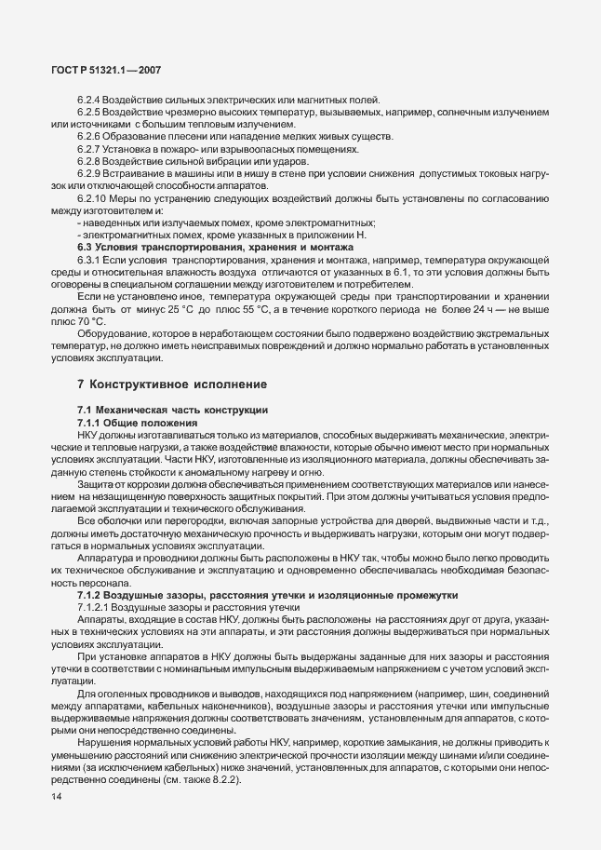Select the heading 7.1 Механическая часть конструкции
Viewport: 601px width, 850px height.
(173, 410)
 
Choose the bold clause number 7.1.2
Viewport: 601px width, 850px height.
(91, 593)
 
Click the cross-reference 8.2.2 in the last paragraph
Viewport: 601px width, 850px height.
(220, 778)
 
